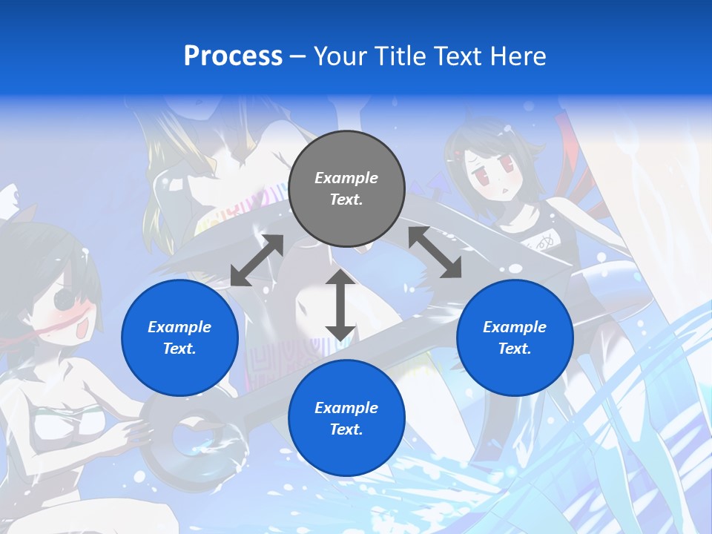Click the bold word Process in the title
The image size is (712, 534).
coord(233,56)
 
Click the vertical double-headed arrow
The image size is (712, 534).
coord(340,305)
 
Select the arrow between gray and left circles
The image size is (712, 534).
coord(257,260)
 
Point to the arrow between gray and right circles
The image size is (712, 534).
coord(435,252)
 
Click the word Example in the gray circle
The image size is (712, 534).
coord(346,178)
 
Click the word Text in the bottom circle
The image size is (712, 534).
coord(346,429)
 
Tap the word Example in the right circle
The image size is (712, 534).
coord(515,327)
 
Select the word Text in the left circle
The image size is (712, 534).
coord(179,349)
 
